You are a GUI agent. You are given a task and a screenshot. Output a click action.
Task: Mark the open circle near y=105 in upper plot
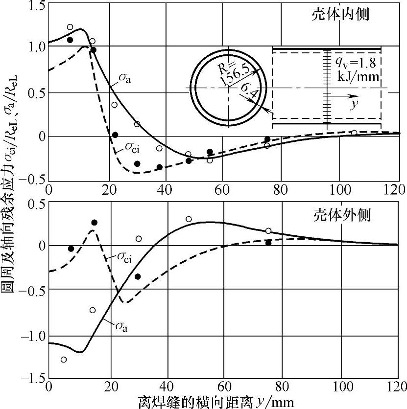pos(354,133)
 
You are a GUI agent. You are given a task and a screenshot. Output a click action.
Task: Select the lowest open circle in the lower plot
pos(63,360)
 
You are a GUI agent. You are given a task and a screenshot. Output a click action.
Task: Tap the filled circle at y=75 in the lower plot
pos(268,243)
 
